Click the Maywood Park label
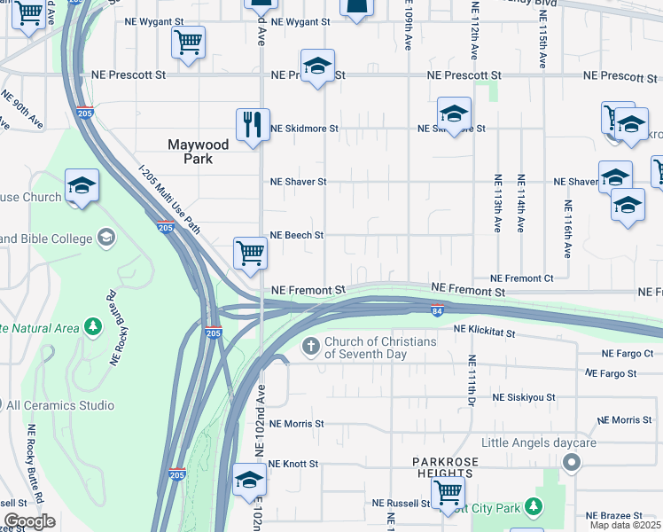click(199, 152)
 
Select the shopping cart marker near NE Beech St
click(250, 253)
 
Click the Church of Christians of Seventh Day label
click(380, 348)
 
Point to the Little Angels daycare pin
click(572, 462)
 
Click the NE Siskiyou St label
click(524, 398)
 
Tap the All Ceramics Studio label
click(60, 405)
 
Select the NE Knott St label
click(293, 464)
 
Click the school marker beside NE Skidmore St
click(454, 114)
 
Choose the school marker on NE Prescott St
click(316, 66)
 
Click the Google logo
click(29, 521)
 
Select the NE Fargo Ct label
click(636, 353)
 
